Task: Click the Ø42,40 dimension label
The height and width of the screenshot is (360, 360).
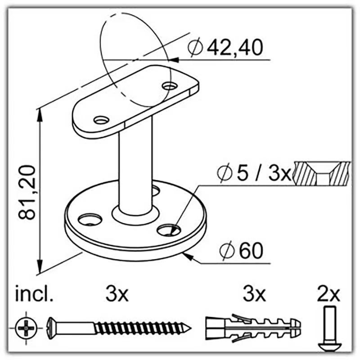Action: pyautogui.click(x=225, y=47)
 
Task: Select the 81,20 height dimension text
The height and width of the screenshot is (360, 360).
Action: pyautogui.click(x=27, y=193)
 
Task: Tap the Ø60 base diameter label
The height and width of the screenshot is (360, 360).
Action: pyautogui.click(x=241, y=251)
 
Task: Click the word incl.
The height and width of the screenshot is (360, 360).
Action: pyautogui.click(x=34, y=294)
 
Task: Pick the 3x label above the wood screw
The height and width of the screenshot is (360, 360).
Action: pyautogui.click(x=117, y=294)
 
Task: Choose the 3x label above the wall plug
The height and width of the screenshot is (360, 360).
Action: pyautogui.click(x=254, y=294)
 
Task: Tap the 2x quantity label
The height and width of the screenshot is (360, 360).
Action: pyautogui.click(x=328, y=294)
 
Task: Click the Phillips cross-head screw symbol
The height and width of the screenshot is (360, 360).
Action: pyautogui.click(x=26, y=328)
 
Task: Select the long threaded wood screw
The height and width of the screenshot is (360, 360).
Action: pyautogui.click(x=119, y=328)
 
